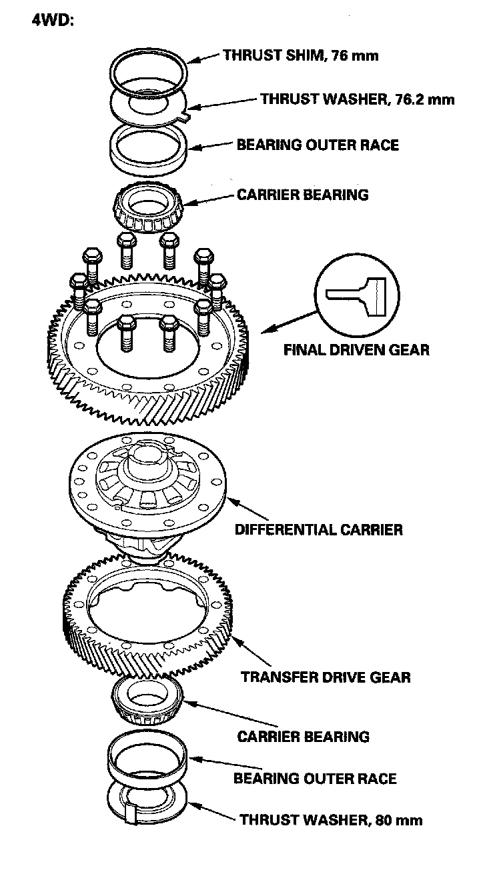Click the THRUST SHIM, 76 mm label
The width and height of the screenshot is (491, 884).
click(300, 55)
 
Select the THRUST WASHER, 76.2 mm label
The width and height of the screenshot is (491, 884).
click(357, 99)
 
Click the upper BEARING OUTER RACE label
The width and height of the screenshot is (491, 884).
click(318, 144)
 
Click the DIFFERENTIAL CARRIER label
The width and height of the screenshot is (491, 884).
click(318, 530)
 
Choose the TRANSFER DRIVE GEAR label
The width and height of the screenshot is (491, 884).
click(325, 677)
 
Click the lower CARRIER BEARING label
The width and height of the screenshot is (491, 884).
click(303, 737)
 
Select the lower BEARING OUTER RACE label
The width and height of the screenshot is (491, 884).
click(314, 778)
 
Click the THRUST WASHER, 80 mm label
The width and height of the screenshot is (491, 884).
click(331, 819)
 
